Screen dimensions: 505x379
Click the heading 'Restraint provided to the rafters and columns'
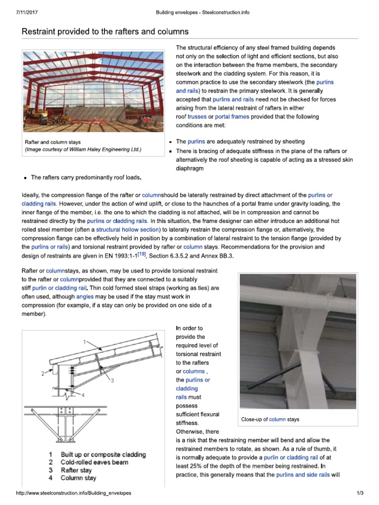105,32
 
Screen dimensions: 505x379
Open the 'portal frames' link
232,117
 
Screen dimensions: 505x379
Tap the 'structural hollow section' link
127,230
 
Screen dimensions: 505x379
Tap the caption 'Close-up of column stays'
269,420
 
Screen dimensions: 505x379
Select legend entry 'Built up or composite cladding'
103,454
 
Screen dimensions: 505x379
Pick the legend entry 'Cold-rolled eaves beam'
94,462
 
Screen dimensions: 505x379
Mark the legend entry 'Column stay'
78,478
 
